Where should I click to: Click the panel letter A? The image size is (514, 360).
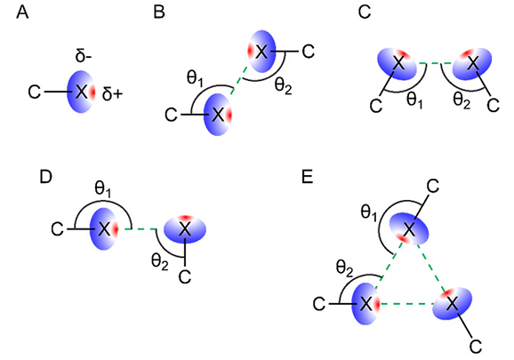[22, 12]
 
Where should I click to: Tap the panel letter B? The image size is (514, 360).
[159, 12]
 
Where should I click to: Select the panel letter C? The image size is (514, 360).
[365, 12]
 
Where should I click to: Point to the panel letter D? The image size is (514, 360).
[45, 177]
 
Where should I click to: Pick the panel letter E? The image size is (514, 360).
[308, 177]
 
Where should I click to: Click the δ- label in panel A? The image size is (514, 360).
[84, 56]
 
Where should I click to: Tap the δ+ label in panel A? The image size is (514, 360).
[112, 93]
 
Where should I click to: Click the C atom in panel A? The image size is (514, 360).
[35, 92]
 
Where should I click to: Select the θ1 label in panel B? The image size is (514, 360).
[196, 80]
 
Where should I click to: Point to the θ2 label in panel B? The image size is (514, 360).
[283, 86]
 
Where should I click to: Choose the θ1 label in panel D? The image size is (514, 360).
[103, 189]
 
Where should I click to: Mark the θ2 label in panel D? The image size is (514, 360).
[160, 262]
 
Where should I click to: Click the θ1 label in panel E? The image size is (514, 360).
[369, 213]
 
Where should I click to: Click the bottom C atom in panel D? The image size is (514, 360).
[185, 277]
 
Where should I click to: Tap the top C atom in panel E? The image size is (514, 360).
[433, 187]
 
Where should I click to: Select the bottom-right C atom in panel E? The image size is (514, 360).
[476, 347]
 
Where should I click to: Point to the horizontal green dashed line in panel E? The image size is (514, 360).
[406, 304]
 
